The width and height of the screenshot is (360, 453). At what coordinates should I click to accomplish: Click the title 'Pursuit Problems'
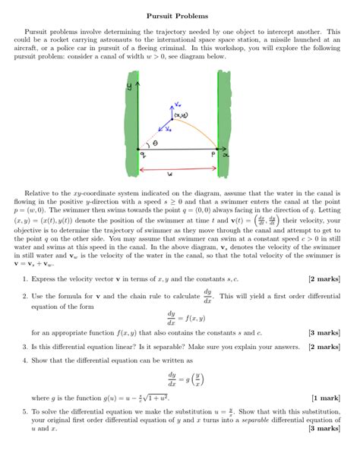(179, 15)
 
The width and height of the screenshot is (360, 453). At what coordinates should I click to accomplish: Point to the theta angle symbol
(156, 141)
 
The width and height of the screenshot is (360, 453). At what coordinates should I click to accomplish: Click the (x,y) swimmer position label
(182, 115)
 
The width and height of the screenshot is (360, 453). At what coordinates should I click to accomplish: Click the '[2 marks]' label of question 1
(324, 279)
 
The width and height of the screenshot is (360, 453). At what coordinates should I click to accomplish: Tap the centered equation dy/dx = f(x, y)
(179, 316)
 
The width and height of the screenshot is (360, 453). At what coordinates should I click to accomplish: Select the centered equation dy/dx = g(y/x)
(181, 378)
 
